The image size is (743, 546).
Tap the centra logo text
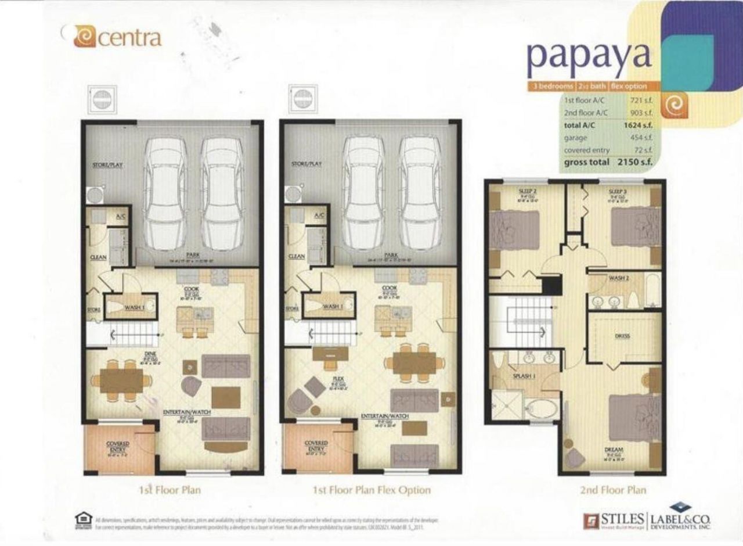click(x=131, y=38)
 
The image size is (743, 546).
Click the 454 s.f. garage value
click(x=641, y=138)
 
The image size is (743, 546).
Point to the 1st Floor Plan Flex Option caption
click(x=372, y=490)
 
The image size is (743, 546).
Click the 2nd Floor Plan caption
click(x=612, y=490)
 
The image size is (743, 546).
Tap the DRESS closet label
click(x=622, y=336)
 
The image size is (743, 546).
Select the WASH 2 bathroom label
click(x=616, y=278)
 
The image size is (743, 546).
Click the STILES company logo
click(x=614, y=518)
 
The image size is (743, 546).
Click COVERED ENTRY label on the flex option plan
click(x=316, y=446)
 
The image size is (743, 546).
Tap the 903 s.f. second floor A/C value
click(x=641, y=113)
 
